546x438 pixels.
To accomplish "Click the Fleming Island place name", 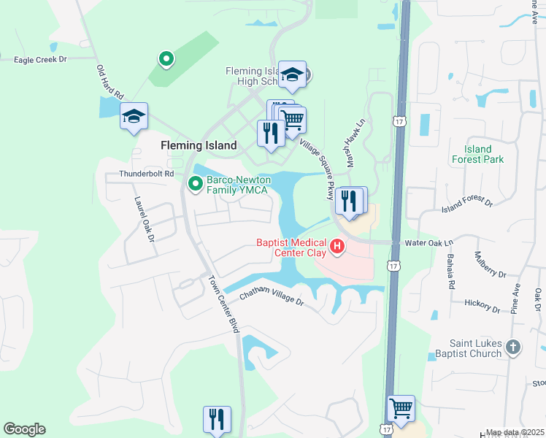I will coord(199,145).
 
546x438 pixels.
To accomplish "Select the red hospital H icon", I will coord(337,247).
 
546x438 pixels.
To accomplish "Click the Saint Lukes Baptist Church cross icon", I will coord(513,347).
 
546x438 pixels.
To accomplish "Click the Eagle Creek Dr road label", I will coord(40,59).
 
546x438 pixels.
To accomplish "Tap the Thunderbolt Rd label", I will coord(147,174).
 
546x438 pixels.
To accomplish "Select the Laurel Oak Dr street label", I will coord(145,218).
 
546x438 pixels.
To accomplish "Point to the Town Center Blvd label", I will coord(223,304).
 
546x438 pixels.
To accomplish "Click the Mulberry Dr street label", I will coord(490,265).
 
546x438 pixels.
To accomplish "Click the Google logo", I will coord(24,429).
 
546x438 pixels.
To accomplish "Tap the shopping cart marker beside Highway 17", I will coord(401,409).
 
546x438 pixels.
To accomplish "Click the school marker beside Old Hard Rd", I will coord(134,117).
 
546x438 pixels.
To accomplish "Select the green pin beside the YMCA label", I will coord(195,184).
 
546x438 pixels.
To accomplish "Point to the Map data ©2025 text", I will coord(515,432).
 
